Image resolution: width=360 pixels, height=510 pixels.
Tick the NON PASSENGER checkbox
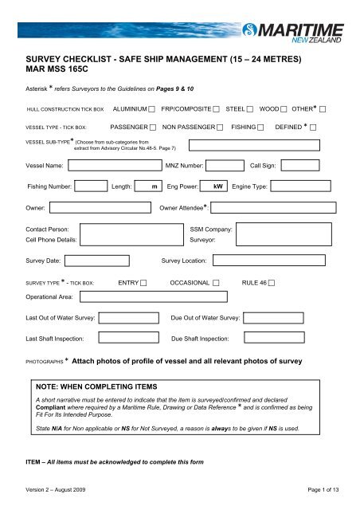[x=219, y=127]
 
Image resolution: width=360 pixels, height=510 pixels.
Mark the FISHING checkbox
[x=260, y=127]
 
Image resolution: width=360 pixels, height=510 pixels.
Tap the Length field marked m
[x=147, y=187]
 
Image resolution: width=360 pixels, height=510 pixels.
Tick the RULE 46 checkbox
[x=272, y=283]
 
